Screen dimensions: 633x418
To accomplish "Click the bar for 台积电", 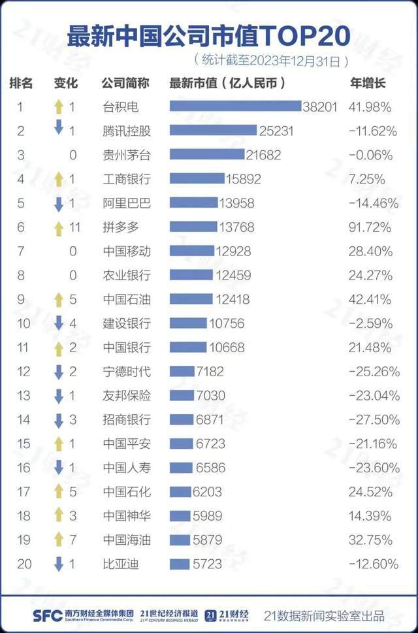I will [235, 106].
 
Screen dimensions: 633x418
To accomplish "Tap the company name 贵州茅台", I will [127, 155].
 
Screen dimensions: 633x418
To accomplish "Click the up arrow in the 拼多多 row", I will [58, 227].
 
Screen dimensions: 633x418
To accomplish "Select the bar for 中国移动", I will [191, 251].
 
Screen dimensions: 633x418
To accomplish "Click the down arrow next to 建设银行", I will [58, 323].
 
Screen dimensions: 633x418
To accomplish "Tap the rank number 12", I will [24, 372].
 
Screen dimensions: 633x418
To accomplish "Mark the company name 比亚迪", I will [121, 564].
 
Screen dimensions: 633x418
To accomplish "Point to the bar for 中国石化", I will [180, 492].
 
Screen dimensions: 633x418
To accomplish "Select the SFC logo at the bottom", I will [47, 615].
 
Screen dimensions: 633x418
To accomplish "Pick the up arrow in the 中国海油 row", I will [58, 540].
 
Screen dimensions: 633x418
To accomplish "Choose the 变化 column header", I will [65, 83].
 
